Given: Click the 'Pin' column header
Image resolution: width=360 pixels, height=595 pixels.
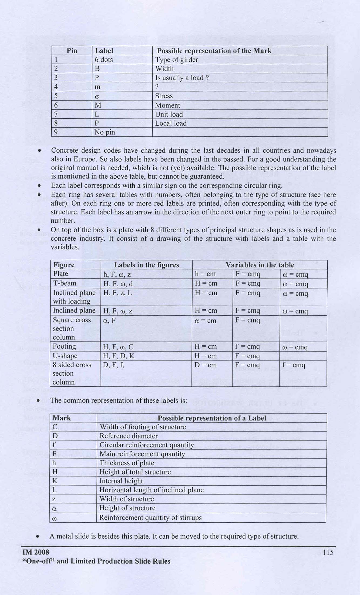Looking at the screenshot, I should pyautogui.click(x=72, y=51).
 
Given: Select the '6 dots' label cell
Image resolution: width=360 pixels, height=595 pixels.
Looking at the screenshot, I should pyautogui.click(x=104, y=60).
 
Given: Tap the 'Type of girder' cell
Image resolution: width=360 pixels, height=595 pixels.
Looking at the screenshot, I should pyautogui.click(x=177, y=60).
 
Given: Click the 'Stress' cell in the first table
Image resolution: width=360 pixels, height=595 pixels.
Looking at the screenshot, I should pyautogui.click(x=164, y=96).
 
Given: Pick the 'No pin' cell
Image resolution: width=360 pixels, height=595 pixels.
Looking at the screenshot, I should pyautogui.click(x=105, y=132).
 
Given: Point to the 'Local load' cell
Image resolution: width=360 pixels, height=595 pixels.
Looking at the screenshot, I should pyautogui.click(x=171, y=123).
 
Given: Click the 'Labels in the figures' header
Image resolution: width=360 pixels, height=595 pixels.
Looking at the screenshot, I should pyautogui.click(x=146, y=265).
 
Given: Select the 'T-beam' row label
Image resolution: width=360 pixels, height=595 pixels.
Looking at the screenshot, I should pyautogui.click(x=65, y=283).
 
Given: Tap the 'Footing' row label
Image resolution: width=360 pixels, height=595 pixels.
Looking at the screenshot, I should pyautogui.click(x=64, y=346).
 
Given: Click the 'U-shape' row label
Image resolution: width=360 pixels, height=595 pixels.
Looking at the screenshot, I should pyautogui.click(x=65, y=356).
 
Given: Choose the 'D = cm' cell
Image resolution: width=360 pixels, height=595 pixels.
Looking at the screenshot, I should pyautogui.click(x=206, y=365).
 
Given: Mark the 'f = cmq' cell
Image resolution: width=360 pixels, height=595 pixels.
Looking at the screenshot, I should pyautogui.click(x=294, y=365).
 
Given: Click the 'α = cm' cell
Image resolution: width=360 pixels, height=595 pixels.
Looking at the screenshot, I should pyautogui.click(x=206, y=321).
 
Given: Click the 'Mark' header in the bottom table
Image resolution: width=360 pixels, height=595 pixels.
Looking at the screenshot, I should pyautogui.click(x=62, y=418).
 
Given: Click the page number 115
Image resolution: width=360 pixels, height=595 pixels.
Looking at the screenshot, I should pyautogui.click(x=328, y=552).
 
